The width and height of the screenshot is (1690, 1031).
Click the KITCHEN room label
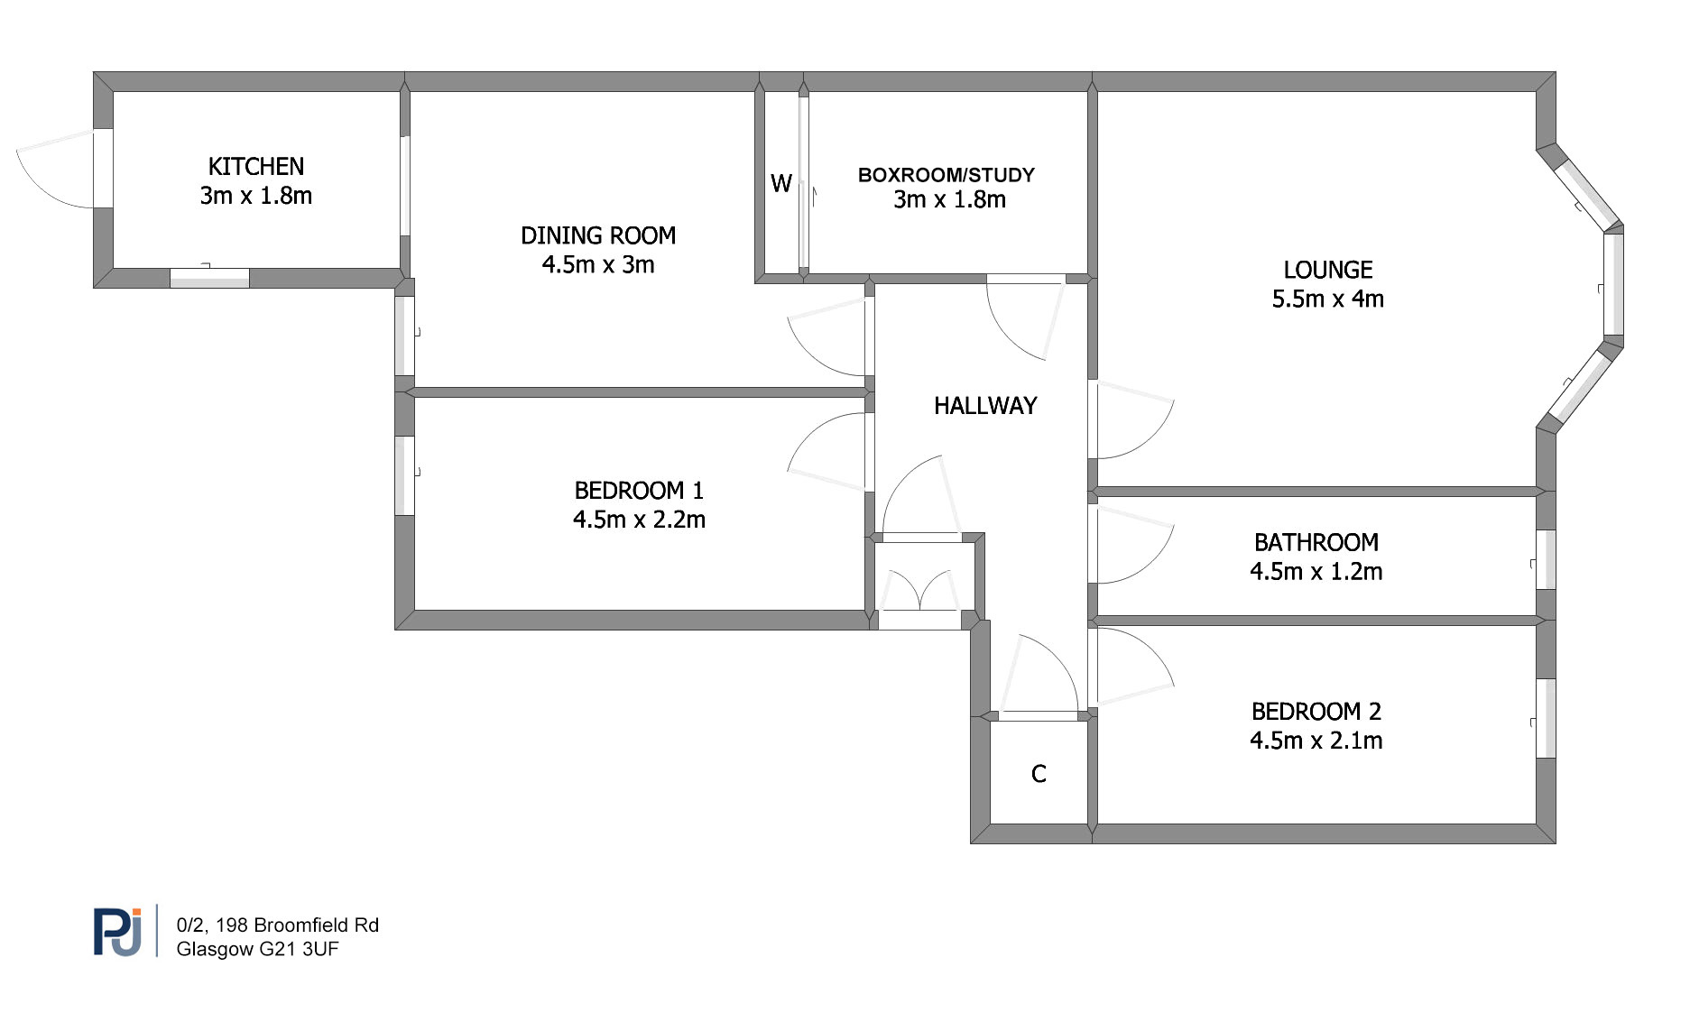click(x=256, y=167)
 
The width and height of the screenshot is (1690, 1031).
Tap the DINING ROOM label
click(x=598, y=236)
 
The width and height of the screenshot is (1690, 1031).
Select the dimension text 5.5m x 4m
click(x=1327, y=299)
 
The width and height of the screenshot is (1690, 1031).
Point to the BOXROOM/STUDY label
click(x=946, y=175)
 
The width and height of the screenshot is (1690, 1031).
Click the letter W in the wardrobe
click(x=781, y=184)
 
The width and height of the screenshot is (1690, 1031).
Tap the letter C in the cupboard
click(x=1039, y=774)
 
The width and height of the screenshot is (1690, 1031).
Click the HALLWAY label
click(x=985, y=407)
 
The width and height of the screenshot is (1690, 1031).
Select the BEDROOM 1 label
click(x=639, y=491)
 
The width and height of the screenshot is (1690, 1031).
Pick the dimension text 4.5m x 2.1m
click(x=1316, y=741)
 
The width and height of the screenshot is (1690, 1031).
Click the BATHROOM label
click(x=1316, y=543)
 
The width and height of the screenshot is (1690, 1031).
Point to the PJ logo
click(x=117, y=932)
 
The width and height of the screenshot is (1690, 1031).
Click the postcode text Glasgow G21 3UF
click(x=257, y=949)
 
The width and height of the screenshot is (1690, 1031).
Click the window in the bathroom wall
click(x=1546, y=559)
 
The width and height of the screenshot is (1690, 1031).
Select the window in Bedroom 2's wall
click(x=1546, y=718)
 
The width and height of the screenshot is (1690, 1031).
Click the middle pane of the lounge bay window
click(x=1613, y=284)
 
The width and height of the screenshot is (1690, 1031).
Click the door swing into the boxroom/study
click(x=1025, y=319)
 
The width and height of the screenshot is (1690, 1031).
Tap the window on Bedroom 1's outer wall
click(x=405, y=476)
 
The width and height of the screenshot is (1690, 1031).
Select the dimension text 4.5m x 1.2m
click(x=1316, y=572)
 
